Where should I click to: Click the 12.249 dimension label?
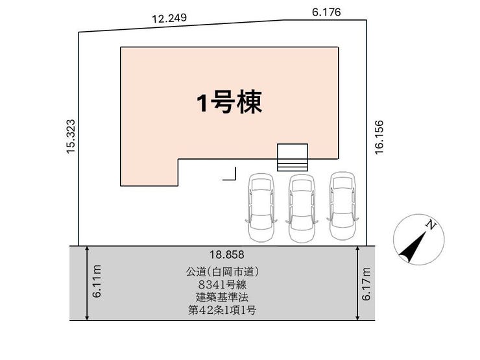[169, 18]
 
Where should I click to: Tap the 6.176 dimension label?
[326, 12]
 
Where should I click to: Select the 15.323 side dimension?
[71, 136]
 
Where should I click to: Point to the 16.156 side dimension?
[379, 137]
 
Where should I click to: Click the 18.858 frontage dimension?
[227, 254]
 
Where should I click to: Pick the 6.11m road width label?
[97, 282]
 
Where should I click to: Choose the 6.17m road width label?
[366, 283]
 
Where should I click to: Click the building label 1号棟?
[229, 102]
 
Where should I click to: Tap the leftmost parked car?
[261, 208]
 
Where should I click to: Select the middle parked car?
[302, 208]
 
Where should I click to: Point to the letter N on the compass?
[431, 225]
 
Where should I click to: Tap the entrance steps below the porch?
[293, 165]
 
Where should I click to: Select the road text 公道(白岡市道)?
[222, 272]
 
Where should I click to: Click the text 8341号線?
[222, 285]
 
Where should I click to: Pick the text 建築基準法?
[222, 297]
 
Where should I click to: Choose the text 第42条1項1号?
[222, 311]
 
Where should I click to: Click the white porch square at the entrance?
[293, 152]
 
